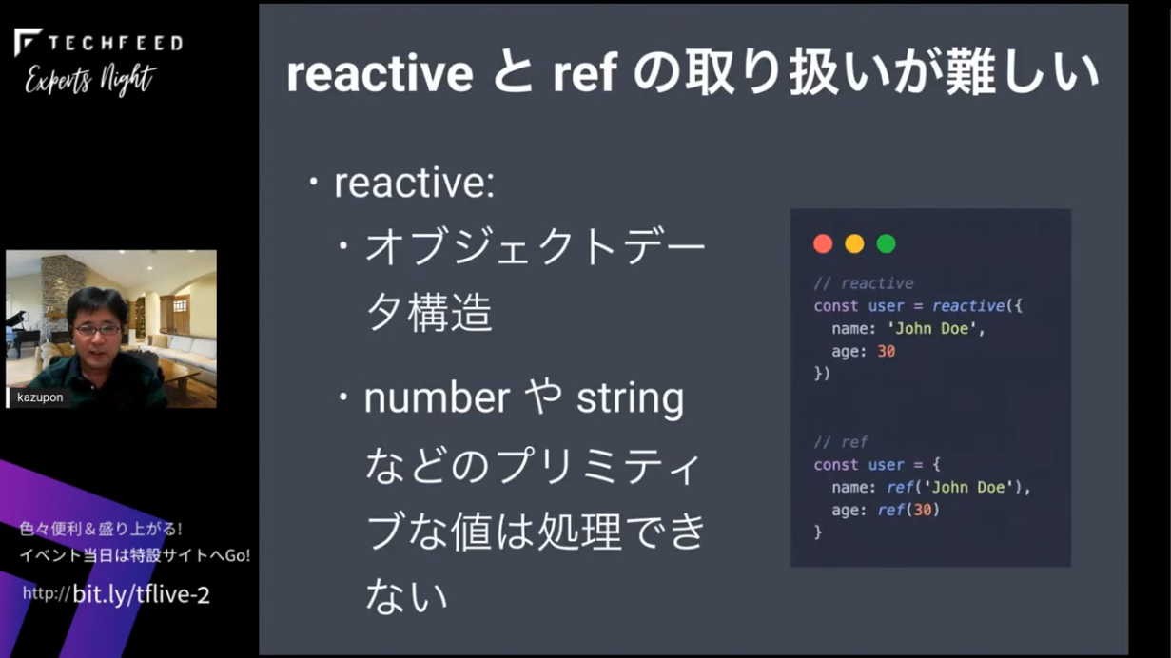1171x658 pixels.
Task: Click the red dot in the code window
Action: tap(823, 244)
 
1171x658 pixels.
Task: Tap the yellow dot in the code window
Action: tap(854, 244)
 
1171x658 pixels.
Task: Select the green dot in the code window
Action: tap(886, 244)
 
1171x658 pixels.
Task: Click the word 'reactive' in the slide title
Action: tap(381, 73)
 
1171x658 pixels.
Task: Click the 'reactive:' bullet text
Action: tap(415, 183)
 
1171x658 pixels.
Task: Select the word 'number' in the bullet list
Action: tap(437, 398)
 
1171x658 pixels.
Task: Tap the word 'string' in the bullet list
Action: tap(630, 399)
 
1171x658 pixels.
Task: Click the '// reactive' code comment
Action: tap(864, 283)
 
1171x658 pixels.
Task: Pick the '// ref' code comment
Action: tap(841, 442)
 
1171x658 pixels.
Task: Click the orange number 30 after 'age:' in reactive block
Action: tap(886, 351)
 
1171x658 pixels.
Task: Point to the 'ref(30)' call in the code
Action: tap(908, 510)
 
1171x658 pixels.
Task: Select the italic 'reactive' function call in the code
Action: tap(968, 306)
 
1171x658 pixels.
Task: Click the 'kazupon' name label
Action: tap(40, 397)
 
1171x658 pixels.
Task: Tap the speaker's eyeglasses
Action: tap(97, 330)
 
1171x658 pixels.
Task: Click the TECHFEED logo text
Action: tap(115, 43)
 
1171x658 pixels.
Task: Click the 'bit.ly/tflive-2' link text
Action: tap(141, 594)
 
